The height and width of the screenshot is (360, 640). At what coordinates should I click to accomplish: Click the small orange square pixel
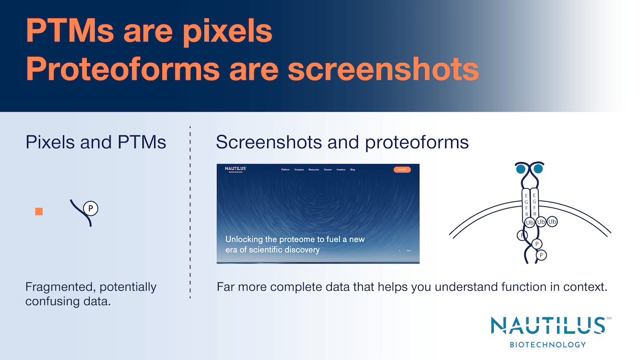coord(39,212)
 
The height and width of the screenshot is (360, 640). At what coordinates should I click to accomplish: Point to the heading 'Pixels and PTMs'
coord(95,142)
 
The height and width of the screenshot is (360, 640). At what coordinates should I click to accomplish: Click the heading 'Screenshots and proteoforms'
coord(342,142)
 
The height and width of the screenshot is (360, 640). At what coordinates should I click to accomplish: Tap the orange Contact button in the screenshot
coord(402,170)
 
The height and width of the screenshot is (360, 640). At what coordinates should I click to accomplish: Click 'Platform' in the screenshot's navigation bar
coord(285,170)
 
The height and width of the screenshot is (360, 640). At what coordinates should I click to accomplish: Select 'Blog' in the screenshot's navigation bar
coord(353,170)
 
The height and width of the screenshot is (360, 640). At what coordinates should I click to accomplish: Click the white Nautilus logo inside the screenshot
coord(235,170)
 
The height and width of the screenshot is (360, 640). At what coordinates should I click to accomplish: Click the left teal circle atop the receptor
coord(520,170)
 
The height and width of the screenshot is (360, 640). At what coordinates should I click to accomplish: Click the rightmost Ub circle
coord(552,221)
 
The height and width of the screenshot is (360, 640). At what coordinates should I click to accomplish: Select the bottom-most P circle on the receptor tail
coord(541,255)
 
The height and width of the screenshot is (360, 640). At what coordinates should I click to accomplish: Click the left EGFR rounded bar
coord(526,204)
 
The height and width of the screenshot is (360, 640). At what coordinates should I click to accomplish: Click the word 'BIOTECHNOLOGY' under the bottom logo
coord(548,345)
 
